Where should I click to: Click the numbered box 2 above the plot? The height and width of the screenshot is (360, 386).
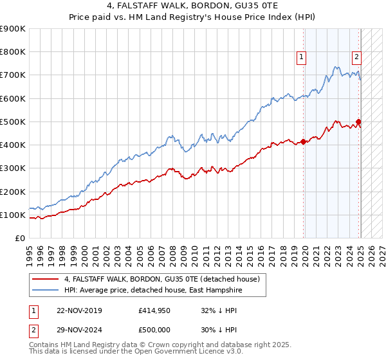(356, 57)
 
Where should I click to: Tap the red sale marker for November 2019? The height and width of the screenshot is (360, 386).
(303, 141)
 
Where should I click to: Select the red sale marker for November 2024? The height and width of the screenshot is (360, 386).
(358, 122)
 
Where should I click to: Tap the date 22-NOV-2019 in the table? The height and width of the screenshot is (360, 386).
(80, 310)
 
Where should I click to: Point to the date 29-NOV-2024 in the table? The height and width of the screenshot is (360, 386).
(80, 330)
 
